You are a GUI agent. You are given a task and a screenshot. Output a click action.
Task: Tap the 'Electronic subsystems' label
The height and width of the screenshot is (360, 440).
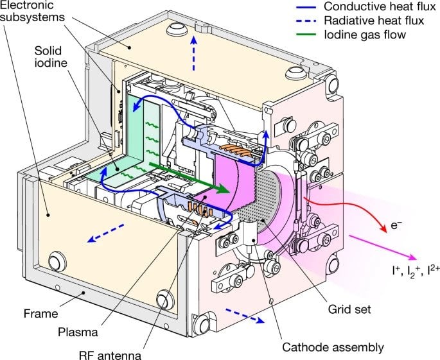(x=32, y=11)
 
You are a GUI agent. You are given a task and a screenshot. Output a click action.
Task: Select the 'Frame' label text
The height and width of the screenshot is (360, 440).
(x=40, y=313)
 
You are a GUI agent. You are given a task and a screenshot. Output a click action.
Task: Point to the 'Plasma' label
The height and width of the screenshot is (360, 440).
(x=78, y=332)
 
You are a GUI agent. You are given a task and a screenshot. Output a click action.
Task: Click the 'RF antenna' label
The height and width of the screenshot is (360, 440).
(x=110, y=355)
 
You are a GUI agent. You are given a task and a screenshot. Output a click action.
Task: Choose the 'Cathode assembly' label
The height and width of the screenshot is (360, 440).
(x=333, y=347)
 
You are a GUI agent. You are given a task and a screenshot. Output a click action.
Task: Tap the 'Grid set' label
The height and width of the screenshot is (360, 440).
(x=349, y=309)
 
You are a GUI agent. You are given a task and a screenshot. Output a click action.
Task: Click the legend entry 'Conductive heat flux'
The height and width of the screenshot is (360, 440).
(x=380, y=6)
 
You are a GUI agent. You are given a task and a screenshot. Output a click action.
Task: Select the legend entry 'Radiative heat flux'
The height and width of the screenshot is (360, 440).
(x=374, y=21)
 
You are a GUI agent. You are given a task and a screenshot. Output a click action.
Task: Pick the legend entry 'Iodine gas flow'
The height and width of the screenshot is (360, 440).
(x=365, y=35)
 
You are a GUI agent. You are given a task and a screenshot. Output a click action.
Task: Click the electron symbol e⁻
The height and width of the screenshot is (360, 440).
(x=396, y=225)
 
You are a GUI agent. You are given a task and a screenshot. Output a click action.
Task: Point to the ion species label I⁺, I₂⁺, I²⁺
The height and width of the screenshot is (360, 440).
(x=416, y=271)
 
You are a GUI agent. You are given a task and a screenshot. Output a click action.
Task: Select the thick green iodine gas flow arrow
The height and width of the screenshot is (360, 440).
(x=189, y=178)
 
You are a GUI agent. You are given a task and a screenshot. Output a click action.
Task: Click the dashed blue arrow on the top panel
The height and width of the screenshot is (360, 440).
(x=193, y=53)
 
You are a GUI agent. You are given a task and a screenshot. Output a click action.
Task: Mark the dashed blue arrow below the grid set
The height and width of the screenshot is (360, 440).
(x=245, y=316)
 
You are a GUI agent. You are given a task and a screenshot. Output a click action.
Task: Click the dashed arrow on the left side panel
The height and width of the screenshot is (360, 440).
(x=106, y=233)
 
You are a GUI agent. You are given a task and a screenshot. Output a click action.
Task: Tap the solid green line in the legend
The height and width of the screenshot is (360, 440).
(x=306, y=35)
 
